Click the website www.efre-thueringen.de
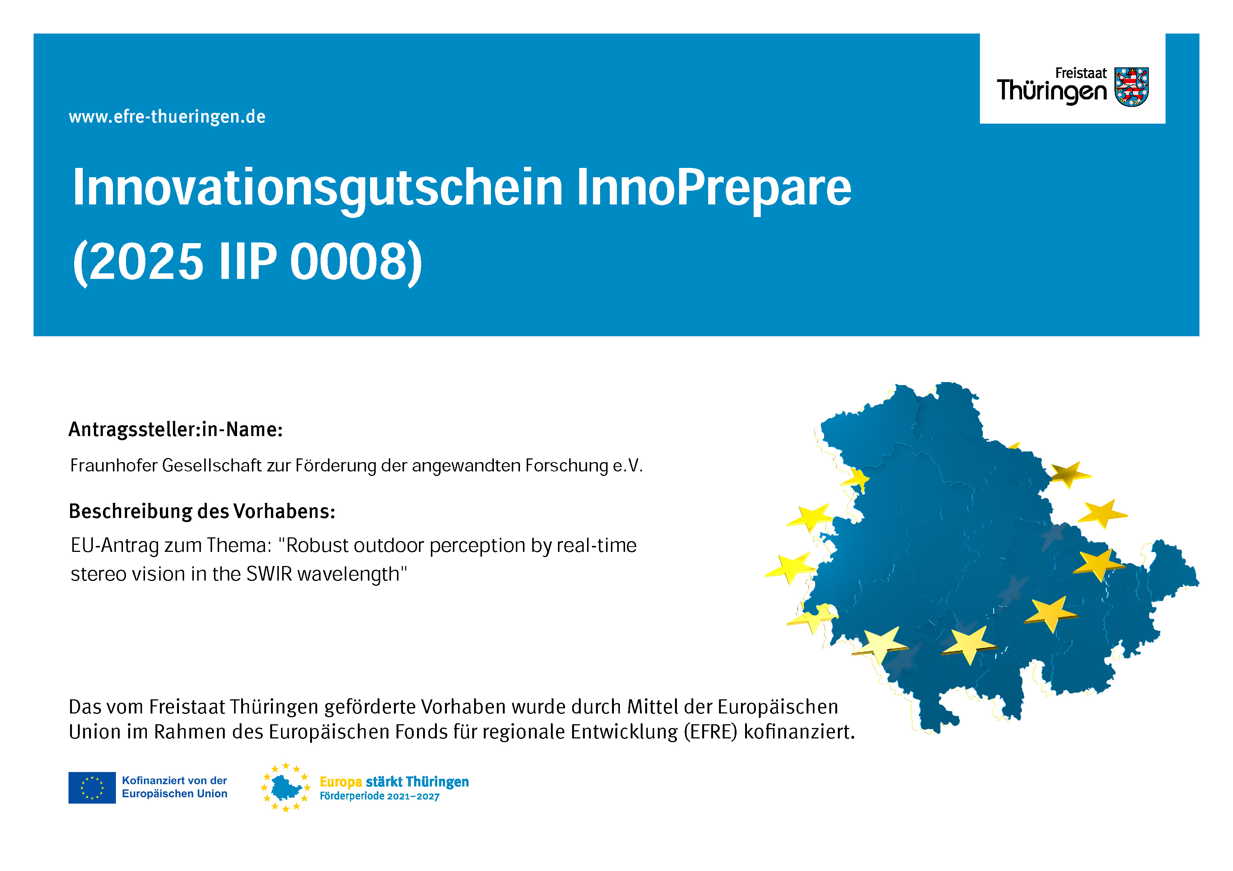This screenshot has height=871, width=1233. pos(167,117)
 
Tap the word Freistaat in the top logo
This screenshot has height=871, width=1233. pos(1081,73)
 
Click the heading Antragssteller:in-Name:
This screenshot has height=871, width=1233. pos(176,429)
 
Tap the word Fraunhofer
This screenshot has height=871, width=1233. pos(113,465)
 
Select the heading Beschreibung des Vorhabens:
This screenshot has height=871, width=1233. pos(202,511)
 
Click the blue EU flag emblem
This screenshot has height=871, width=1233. pos(92,788)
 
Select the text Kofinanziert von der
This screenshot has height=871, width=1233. pos(174,780)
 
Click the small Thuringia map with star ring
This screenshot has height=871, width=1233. pos(286,787)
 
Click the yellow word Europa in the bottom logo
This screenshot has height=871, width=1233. pos(341,782)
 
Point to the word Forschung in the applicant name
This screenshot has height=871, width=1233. pos(567,465)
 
